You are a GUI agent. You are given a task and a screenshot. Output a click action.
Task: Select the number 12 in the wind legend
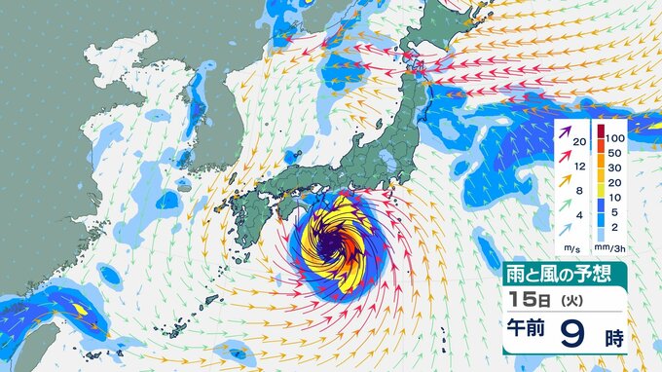point(580,167)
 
